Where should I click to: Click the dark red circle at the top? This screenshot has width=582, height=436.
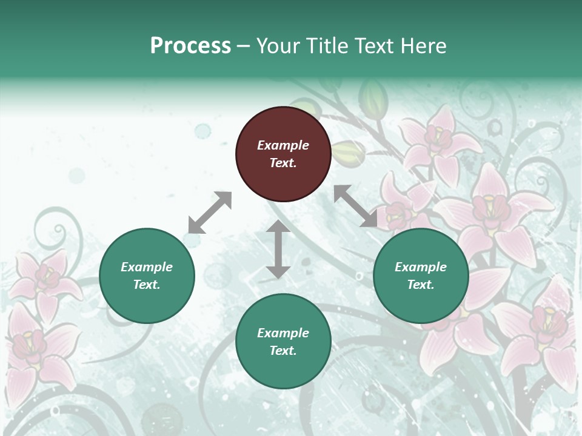283,154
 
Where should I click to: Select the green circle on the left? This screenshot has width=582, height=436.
147,276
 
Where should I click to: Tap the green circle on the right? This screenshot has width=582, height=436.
421,276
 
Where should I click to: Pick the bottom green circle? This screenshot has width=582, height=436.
283,342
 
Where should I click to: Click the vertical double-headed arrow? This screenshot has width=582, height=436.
278,249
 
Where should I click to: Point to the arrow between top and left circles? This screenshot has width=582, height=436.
210,213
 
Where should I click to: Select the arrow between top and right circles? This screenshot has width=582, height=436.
355,206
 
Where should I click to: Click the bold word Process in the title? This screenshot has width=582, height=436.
190,45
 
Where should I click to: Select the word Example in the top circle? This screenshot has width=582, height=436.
283,145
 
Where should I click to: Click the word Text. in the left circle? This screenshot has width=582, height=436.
147,285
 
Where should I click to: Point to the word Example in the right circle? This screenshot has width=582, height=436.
421,267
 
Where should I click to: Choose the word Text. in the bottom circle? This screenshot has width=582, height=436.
283,351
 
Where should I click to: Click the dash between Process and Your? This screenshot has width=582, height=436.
244,46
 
